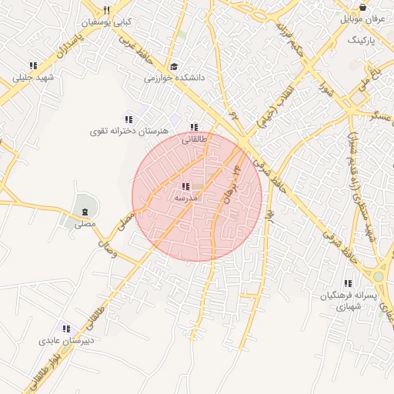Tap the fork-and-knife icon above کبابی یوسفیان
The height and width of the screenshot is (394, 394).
click(x=107, y=10)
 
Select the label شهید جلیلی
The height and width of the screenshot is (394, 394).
click(x=32, y=78)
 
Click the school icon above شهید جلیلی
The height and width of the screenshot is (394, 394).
click(x=32, y=66)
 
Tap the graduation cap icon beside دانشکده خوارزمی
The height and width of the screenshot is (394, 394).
click(x=174, y=67)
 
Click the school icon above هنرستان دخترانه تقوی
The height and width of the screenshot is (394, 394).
click(x=129, y=119)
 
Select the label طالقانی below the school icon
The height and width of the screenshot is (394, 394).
click(x=194, y=140)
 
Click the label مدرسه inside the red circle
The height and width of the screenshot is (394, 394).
click(x=186, y=198)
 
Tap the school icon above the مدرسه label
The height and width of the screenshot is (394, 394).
click(x=185, y=186)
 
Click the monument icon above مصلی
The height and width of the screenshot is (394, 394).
click(x=84, y=212)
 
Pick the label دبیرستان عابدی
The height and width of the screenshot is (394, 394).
click(x=67, y=340)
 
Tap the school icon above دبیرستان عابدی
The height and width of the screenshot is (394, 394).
click(x=67, y=329)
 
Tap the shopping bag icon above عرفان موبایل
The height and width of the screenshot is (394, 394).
click(x=362, y=7)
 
